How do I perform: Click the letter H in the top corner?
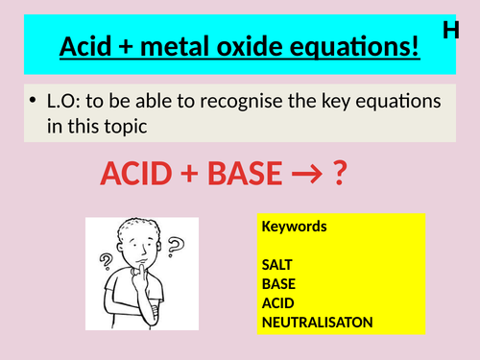click(x=451, y=30)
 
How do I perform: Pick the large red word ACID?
click(x=142, y=175)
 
